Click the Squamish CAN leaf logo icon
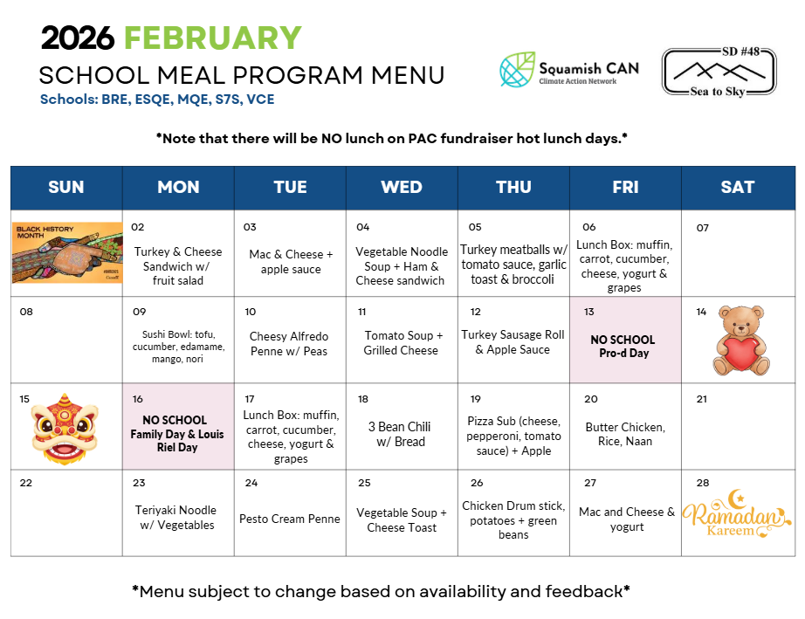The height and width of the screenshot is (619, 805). [x=517, y=70]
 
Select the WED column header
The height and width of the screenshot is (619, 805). [x=402, y=187]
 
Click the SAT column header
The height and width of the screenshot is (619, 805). [x=738, y=187]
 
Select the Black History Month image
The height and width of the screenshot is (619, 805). [x=67, y=253]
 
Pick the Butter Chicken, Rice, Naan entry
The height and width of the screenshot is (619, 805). [x=625, y=434]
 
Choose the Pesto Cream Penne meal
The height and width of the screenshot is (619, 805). [x=290, y=519]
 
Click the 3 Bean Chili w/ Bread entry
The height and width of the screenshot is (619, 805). [x=402, y=434]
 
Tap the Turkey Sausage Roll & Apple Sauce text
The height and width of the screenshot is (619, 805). [x=513, y=342]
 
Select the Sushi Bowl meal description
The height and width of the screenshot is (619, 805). [x=178, y=347]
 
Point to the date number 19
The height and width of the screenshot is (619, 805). [x=476, y=399]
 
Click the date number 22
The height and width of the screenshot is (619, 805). [x=26, y=483]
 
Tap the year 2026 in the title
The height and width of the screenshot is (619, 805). [x=79, y=38]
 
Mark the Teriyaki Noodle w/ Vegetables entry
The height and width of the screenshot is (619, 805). [x=177, y=518]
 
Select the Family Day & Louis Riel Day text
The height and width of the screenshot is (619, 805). [x=177, y=441]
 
